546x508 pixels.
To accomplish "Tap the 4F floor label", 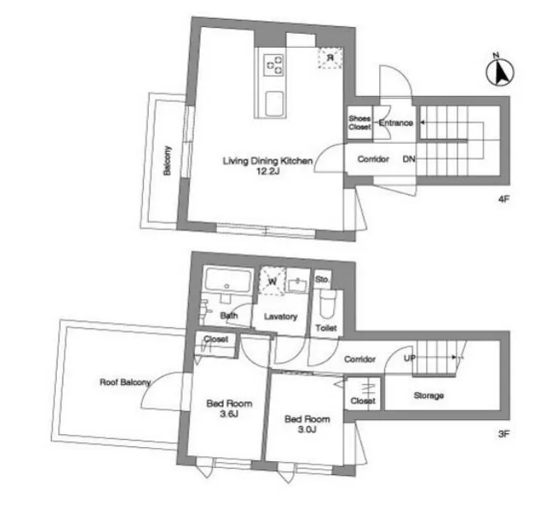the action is (504, 199).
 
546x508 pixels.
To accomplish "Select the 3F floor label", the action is (504, 434).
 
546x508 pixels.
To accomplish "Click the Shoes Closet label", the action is (359, 122).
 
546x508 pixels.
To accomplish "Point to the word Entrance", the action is (396, 123).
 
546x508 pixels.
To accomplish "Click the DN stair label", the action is (409, 159).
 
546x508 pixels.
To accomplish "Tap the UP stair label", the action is (409, 358).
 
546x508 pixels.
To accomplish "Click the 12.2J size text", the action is (268, 171).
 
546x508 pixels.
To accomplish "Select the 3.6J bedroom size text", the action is (229, 414).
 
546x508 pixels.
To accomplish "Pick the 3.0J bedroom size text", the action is (308, 429).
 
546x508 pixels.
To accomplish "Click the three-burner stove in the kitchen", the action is (274, 65).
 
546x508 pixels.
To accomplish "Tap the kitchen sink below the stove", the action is (274, 104).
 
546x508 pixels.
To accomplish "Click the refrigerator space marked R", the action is (330, 58).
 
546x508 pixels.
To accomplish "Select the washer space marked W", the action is (273, 281).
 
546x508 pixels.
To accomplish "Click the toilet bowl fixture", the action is (326, 303).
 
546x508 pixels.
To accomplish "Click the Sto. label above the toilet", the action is (322, 279).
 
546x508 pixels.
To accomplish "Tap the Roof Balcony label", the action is (125, 382).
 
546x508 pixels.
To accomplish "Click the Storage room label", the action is (428, 395).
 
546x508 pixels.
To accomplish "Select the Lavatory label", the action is (280, 316).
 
